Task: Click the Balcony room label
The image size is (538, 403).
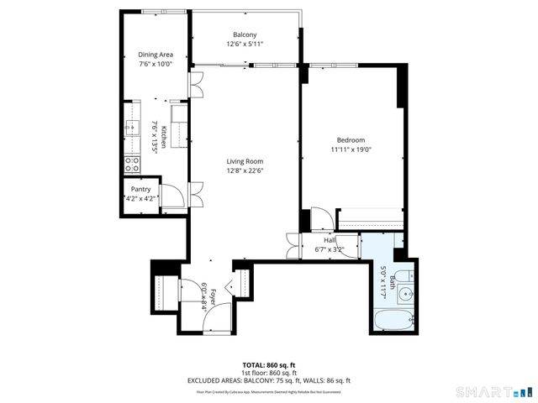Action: coord(245,34)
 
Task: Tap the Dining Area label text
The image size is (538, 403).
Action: coord(156,55)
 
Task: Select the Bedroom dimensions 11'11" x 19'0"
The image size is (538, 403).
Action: coord(351,149)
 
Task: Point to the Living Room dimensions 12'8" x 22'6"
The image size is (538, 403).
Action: coord(245,170)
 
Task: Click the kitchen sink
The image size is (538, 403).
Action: coord(132,128)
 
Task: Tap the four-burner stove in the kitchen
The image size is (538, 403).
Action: coord(132,165)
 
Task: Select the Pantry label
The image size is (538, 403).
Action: coord(140,190)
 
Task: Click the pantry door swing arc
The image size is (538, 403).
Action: coord(174,198)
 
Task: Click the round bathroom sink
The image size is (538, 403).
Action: coord(405,294)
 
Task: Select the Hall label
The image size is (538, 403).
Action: coord(330,240)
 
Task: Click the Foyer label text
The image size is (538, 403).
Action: coord(214,296)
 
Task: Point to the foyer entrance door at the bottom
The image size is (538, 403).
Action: coord(216,317)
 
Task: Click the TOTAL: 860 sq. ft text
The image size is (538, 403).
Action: coord(268,365)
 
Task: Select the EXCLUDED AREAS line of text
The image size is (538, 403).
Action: coord(268,380)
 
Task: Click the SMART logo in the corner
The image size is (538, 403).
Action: coord(493,391)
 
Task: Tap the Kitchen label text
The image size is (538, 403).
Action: coord(165,137)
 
